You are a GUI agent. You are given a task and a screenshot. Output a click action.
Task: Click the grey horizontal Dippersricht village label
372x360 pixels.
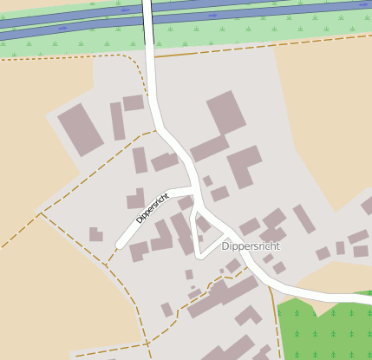(251, 246)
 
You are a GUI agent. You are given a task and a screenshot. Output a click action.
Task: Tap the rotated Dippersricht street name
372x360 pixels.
(153, 207)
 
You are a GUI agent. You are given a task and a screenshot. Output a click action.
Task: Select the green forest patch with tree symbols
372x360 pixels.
(324, 331)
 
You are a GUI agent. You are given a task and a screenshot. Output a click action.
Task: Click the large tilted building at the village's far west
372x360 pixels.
(80, 129)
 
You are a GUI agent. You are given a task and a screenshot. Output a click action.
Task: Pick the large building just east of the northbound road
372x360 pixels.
(226, 113)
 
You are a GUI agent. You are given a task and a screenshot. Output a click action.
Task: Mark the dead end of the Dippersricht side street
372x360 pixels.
(119, 245)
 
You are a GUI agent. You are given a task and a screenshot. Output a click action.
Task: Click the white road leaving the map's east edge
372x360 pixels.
(360, 298)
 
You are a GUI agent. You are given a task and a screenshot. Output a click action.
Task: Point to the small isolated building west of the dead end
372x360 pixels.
(95, 234)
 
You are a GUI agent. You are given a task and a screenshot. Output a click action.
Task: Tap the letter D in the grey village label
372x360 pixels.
(225, 246)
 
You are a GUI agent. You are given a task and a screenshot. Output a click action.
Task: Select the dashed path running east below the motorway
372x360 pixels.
(260, 44)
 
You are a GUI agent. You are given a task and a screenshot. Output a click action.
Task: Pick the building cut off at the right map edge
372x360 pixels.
(367, 206)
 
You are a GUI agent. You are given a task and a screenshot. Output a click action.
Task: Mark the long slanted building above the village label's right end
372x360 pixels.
(303, 219)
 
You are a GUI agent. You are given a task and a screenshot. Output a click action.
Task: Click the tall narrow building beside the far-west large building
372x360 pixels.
(117, 121)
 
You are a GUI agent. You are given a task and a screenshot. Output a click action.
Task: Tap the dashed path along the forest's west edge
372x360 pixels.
(272, 312)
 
